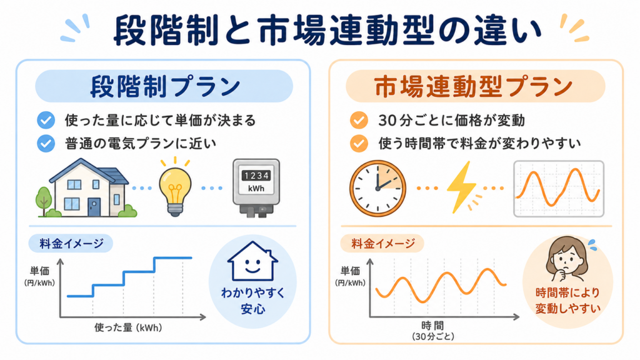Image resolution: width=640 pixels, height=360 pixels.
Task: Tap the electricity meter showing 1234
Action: pos(256,187)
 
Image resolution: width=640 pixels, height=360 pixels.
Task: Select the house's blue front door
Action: pos(94,207)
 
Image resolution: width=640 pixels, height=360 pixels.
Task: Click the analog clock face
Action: pos(377,189)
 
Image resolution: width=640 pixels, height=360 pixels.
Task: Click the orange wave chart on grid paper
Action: pos(558,189)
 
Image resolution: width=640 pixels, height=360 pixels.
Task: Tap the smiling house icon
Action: pos(252,261)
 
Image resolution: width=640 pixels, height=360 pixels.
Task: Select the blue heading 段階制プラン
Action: pos(164,86)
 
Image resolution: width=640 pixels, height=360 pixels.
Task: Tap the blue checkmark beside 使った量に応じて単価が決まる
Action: pos(46,121)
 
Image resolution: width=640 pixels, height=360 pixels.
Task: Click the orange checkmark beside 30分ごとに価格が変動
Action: pos(359,121)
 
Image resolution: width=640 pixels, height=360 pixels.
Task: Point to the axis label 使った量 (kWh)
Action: pos(128,327)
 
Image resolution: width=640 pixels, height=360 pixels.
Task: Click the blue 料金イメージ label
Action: pos(71,244)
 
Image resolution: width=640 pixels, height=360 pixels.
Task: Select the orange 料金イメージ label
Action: pos(383,244)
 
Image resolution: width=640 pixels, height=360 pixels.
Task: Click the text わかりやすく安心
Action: pos(252,301)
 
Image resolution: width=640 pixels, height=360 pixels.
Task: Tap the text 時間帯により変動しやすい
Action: pos(567,301)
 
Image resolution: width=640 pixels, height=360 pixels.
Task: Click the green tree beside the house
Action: pos(44,201)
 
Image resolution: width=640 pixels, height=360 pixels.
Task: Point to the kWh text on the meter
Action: pos(256,189)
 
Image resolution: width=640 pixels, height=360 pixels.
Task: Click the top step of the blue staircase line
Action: pos(173,257)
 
